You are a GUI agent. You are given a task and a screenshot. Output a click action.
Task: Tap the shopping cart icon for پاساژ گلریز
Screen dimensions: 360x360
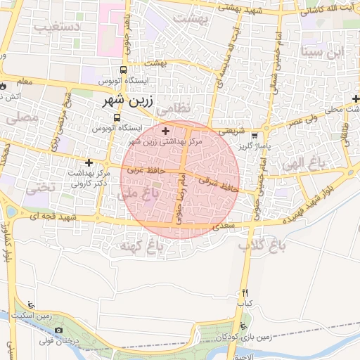pos(255,136)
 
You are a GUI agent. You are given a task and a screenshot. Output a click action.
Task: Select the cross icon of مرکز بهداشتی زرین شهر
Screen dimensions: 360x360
pos(166,131)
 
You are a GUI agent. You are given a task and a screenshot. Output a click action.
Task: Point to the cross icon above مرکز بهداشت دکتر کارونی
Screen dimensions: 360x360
pos(89,163)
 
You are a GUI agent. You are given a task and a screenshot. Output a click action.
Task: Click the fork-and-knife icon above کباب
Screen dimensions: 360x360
pos(245,292)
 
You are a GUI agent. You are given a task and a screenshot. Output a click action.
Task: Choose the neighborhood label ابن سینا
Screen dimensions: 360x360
pos(322,51)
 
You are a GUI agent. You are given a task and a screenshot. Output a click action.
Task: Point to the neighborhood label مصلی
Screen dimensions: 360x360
pos(20,119)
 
